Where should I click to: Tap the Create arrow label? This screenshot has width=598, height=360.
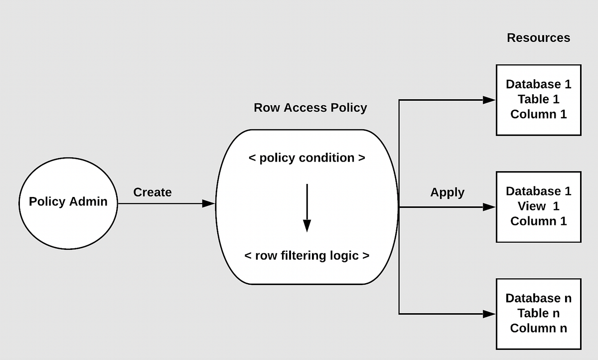[x=152, y=192]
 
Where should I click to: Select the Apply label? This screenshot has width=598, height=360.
[x=447, y=192]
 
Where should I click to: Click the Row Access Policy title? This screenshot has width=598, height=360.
[x=310, y=108]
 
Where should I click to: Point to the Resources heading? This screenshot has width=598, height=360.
[x=538, y=38]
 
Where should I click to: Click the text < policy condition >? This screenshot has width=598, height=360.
[x=307, y=158]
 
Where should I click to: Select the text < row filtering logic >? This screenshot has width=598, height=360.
[x=307, y=256]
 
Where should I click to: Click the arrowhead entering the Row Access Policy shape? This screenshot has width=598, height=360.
[x=209, y=203]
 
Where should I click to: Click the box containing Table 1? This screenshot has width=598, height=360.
[x=538, y=100]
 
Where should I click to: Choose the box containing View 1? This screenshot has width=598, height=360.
[x=538, y=207]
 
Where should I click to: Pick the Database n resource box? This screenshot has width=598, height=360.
[x=538, y=314]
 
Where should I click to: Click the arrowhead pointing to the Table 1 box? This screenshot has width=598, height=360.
[x=489, y=100]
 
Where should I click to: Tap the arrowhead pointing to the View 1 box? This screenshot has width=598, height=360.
[x=489, y=207]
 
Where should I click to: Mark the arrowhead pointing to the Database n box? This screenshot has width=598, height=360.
[x=489, y=314]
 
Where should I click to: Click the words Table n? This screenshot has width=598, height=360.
[x=538, y=313]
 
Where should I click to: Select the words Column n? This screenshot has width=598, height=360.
[x=538, y=328]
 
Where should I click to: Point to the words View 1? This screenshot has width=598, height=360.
[x=538, y=206]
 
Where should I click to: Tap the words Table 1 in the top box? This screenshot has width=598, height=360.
[x=538, y=99]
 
